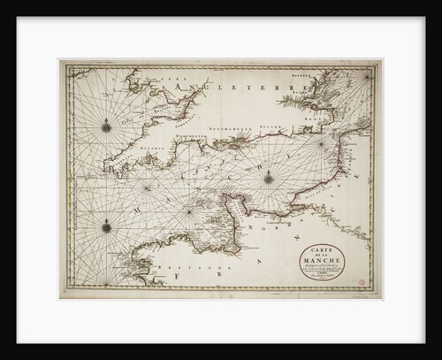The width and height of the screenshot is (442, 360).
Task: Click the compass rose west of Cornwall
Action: pos(106,126)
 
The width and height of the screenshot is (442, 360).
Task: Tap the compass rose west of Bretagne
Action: pos(106,226)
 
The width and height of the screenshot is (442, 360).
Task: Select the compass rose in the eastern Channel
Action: pos(268,178)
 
